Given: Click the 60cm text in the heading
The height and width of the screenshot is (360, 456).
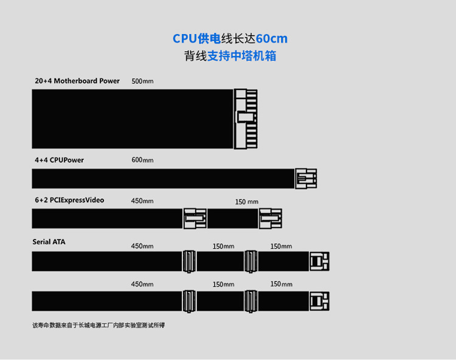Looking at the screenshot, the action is coord(272,39).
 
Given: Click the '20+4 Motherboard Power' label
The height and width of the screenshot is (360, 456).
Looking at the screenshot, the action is coord(77,81).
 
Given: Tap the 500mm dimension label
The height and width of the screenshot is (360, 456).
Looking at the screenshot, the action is coord(142,81).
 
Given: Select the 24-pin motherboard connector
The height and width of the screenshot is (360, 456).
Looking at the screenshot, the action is coord(246,119).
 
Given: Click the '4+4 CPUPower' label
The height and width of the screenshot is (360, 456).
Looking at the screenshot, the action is coord(59,160).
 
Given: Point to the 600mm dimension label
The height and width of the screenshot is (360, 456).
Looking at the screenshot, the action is coord(142,160).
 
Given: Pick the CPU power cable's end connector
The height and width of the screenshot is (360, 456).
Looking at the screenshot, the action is coord(306,178).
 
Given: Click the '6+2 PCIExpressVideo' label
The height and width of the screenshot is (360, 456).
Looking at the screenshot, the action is coord(69,200).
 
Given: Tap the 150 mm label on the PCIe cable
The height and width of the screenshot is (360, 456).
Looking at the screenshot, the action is coord(247,201).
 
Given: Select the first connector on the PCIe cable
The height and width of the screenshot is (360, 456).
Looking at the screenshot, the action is coord(195,218).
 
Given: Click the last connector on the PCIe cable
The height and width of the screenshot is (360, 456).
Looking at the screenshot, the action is coord(271,218).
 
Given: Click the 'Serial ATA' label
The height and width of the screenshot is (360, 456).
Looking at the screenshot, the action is coord(49,242).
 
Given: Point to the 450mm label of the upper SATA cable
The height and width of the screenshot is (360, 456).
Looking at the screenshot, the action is coord(142,246).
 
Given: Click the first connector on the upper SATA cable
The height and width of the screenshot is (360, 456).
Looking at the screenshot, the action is coord(189,261).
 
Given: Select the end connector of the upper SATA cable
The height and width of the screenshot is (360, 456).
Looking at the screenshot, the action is coord(319,261).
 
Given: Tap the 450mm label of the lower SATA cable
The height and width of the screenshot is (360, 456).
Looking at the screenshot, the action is coord(142,284).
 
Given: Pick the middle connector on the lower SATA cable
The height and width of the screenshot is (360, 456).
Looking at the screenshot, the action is coord(250,301).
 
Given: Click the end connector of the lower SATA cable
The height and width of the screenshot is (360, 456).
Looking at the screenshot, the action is coord(319,301).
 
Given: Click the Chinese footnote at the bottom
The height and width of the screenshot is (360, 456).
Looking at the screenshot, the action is coord(98,325).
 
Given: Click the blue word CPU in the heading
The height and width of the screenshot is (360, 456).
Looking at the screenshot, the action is coord(185,39).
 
